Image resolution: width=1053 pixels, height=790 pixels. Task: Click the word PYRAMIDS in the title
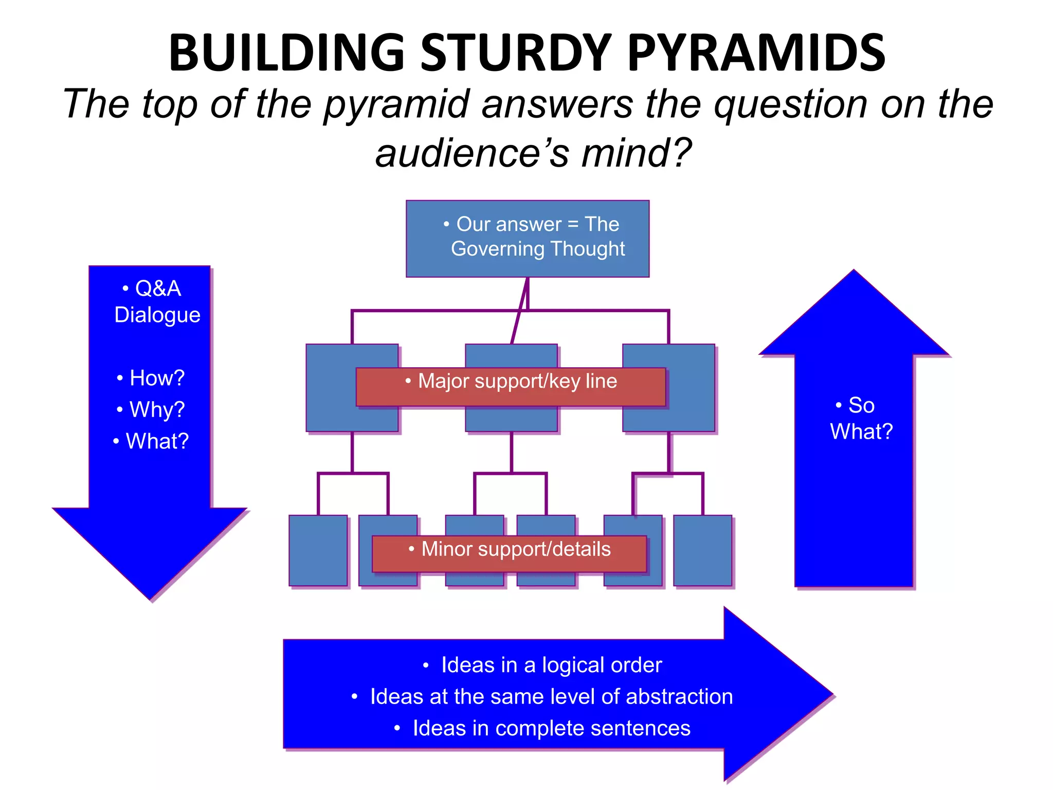coord(756,53)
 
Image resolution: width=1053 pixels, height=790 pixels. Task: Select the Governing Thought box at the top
coord(528,238)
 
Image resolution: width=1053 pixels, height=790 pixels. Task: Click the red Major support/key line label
coord(511,386)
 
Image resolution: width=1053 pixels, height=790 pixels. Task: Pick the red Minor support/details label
coord(509,553)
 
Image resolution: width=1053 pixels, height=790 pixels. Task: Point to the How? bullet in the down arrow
coord(151,378)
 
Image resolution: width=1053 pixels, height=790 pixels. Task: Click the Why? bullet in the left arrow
coord(151,409)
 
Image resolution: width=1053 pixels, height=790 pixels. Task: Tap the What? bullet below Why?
coord(151,441)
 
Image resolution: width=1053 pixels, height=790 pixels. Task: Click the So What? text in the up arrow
coord(861,418)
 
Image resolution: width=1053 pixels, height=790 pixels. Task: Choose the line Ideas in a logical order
coord(542,665)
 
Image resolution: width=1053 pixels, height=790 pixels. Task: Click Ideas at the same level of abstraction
coord(542,696)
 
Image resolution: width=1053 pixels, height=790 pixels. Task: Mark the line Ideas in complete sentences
coord(542,728)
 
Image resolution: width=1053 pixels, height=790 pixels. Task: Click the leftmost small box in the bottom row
coord(318,550)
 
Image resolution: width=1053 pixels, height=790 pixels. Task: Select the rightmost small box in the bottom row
coord(702,550)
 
